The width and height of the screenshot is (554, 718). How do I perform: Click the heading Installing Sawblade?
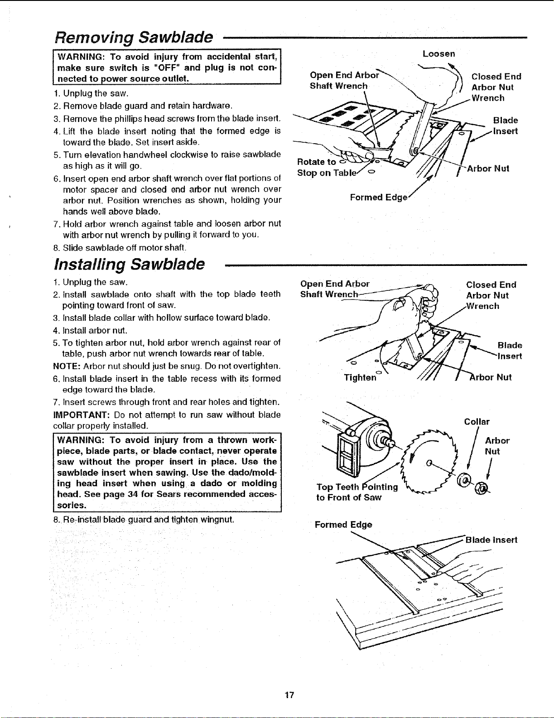129,265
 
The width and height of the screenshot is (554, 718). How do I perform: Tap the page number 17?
289,695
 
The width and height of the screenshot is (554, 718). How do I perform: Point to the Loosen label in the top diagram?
438,53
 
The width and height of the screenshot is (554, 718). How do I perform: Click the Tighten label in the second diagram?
360,377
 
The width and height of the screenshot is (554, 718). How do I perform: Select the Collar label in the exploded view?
477,422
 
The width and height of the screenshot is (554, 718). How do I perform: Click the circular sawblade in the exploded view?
429,462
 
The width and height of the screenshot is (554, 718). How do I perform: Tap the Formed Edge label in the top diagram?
379,198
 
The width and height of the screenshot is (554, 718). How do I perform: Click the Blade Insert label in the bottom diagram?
491,540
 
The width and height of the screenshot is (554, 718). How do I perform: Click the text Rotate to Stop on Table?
327,167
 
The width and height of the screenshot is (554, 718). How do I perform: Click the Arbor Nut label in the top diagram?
487,169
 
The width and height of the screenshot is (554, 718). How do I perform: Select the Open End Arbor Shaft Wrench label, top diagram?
344,80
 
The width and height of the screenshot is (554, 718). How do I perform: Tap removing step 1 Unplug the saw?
91,93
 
